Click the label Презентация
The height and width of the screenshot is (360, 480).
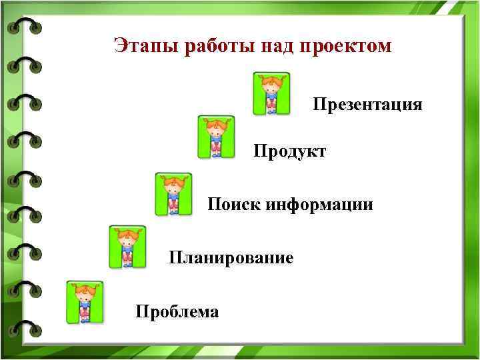367,105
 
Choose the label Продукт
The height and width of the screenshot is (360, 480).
289,151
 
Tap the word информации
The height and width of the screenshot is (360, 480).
320,204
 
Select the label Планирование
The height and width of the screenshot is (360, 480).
231,257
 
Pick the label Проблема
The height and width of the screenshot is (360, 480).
177,311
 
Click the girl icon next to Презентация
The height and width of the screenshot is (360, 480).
271,94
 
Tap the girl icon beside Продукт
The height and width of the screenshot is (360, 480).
216,137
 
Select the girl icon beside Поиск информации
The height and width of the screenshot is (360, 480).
173,194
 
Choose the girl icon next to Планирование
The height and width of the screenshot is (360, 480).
127,247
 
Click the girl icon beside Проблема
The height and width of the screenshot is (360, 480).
85,302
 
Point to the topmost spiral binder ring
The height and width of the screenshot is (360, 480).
25,27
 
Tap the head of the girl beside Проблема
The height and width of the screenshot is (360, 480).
85,292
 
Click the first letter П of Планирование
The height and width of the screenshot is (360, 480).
175,257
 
